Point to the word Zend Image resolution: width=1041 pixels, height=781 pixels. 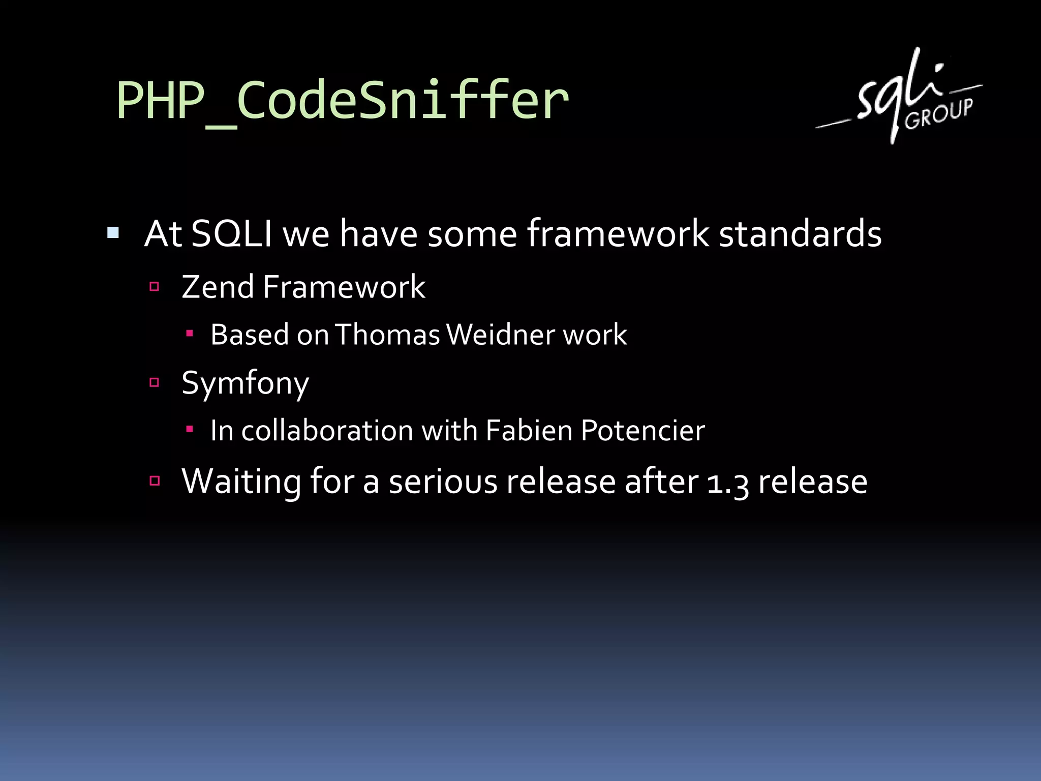pos(218,287)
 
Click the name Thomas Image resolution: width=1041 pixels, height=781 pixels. pos(387,335)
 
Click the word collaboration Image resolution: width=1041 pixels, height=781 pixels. pos(327,431)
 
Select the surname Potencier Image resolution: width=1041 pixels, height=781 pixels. pos(642,431)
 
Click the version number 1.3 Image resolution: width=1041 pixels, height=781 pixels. pos(727,482)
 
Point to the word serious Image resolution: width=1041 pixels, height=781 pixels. pos(443,482)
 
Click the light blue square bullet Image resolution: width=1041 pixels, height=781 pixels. pos(113,233)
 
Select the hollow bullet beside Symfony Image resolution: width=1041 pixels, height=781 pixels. pos(155,382)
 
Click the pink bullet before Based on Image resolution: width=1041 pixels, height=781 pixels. pos(190,334)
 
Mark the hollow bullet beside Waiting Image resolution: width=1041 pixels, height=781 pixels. pos(155,480)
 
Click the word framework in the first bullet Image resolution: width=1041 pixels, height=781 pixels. pos(618,234)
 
